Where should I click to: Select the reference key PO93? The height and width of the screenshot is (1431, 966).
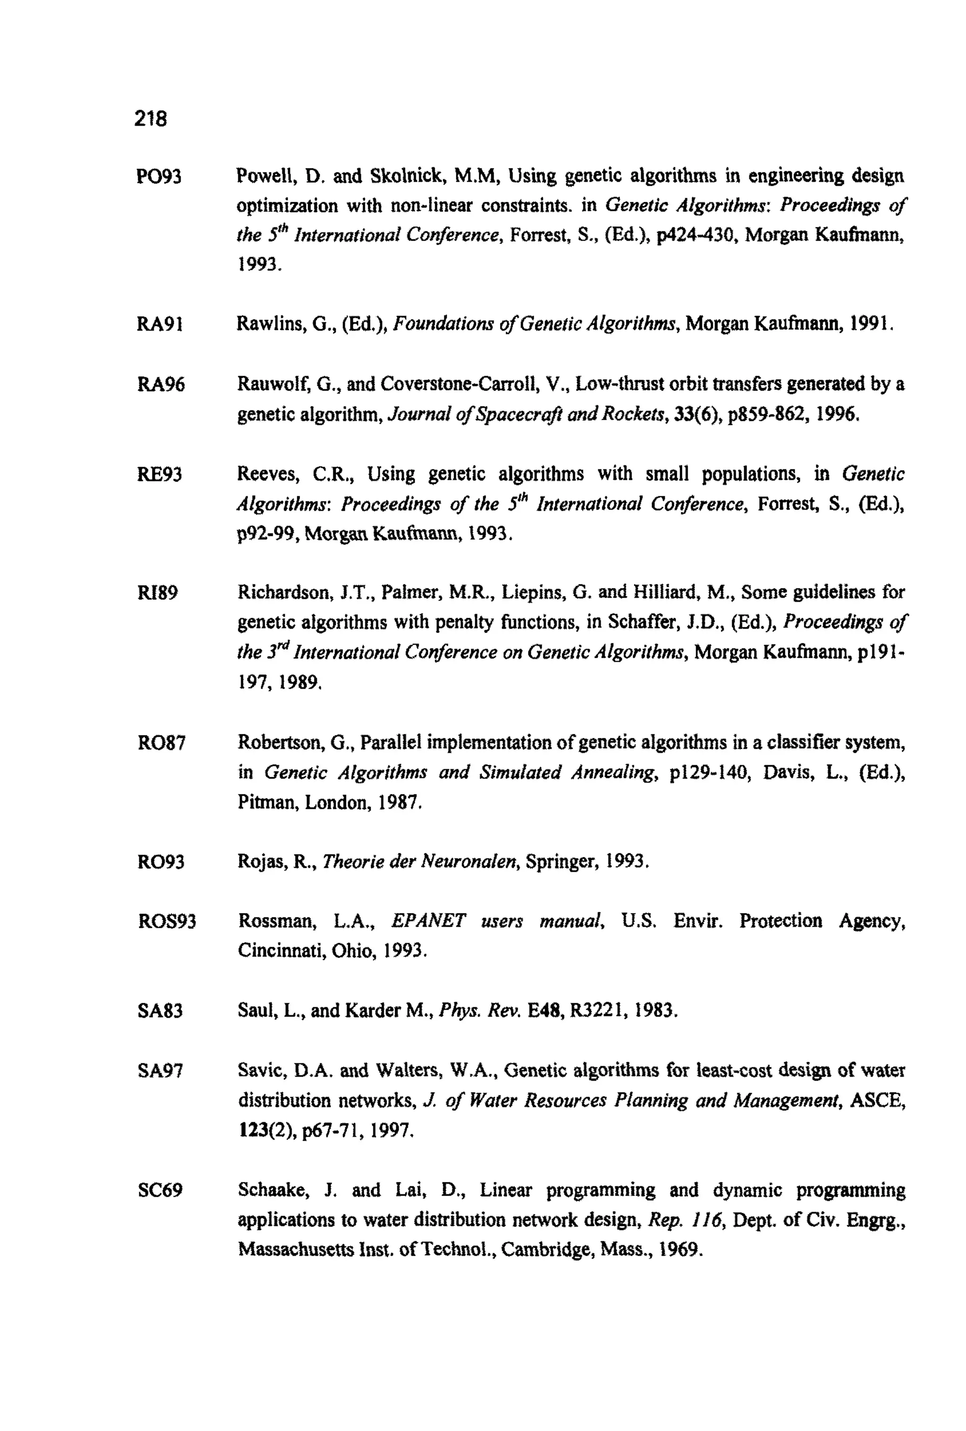coord(159,177)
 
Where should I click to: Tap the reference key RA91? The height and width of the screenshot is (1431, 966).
coord(159,324)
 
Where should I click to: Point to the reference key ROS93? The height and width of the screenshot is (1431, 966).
coord(167,922)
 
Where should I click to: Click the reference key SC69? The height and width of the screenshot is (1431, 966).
coord(160,1190)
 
